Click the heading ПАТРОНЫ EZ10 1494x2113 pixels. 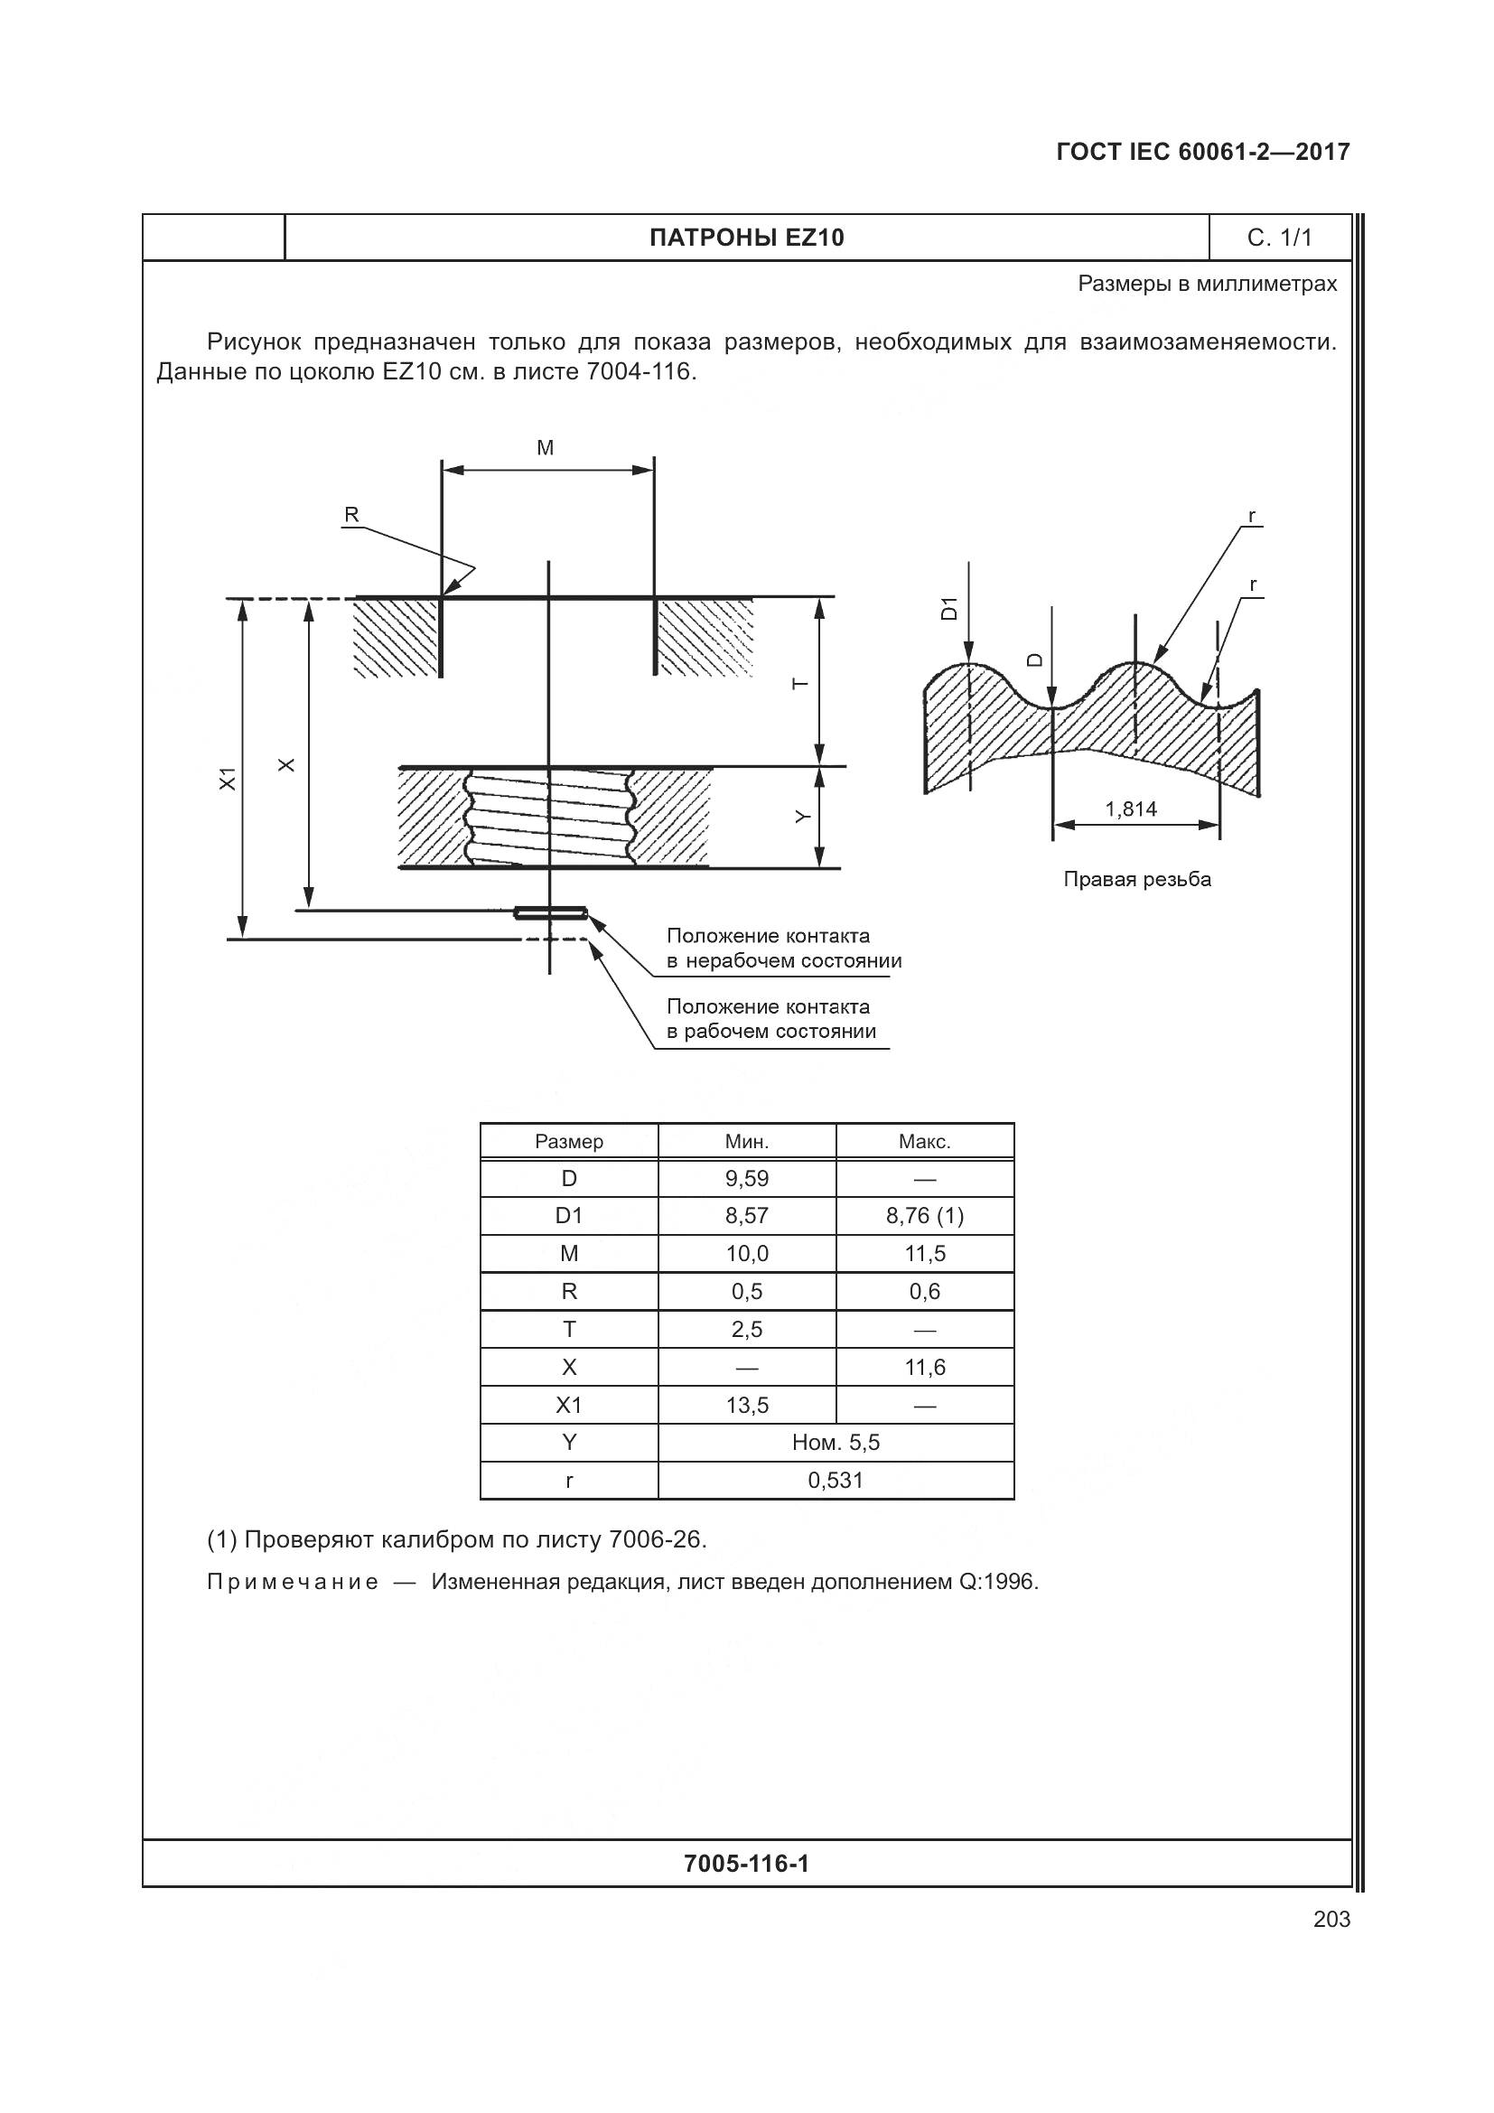pyautogui.click(x=746, y=238)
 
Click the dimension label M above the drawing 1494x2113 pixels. pyautogui.click(x=545, y=448)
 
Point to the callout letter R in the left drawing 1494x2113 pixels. pyautogui.click(x=350, y=515)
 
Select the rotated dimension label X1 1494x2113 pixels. pyautogui.click(x=228, y=778)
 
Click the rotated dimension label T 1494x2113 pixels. pyautogui.click(x=800, y=683)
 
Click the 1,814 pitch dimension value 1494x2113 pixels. pyautogui.click(x=1131, y=809)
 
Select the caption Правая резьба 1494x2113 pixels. pyautogui.click(x=1137, y=879)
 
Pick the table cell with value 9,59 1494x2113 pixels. pyautogui.click(x=746, y=1179)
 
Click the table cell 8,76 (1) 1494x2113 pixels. pyautogui.click(x=925, y=1216)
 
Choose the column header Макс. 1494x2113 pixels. pyautogui.click(x=925, y=1142)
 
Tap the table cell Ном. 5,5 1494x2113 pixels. pyautogui.click(x=836, y=1442)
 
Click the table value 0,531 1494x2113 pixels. pyautogui.click(x=836, y=1480)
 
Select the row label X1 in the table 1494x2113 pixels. pyautogui.click(x=568, y=1406)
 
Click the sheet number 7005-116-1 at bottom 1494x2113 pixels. pyautogui.click(x=746, y=1864)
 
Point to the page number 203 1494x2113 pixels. pyautogui.click(x=1331, y=1919)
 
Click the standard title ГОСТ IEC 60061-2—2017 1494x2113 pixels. pyautogui.click(x=1202, y=152)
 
